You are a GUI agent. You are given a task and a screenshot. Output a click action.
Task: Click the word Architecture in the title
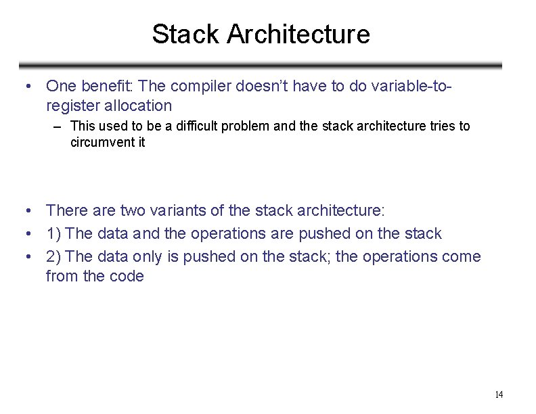tap(298, 34)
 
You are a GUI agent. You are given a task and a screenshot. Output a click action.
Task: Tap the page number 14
tap(499, 395)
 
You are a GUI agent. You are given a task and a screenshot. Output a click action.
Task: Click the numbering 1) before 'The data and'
tap(54, 234)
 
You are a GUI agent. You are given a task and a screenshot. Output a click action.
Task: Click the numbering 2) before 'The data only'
tap(54, 257)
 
